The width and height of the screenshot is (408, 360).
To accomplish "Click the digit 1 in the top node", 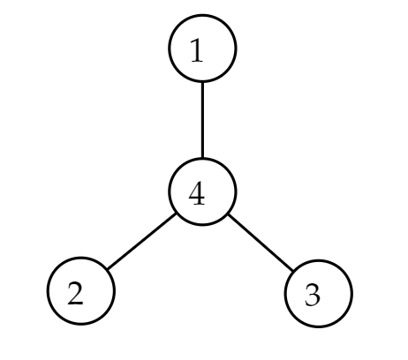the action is click(x=197, y=50).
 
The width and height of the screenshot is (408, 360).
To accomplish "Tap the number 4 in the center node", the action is click(x=197, y=193).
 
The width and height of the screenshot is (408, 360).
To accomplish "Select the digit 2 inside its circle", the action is click(x=75, y=293).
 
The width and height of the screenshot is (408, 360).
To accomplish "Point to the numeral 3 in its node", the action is click(x=313, y=296).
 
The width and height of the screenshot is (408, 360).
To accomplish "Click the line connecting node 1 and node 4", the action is click(x=202, y=120).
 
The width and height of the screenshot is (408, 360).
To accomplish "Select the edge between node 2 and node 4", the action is click(x=141, y=241).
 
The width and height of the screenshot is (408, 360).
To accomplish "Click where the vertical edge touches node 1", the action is click(x=202, y=82).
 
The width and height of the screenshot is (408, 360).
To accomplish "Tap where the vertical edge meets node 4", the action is click(x=202, y=159).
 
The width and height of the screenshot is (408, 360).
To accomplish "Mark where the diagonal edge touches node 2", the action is click(x=108, y=269).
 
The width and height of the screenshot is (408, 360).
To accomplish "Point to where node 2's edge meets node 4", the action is click(x=176, y=214).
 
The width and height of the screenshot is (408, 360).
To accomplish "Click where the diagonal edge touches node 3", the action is click(x=293, y=271).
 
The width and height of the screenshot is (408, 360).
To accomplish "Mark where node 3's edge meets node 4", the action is click(x=229, y=215).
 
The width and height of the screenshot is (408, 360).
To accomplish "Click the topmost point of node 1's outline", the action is click(x=202, y=15).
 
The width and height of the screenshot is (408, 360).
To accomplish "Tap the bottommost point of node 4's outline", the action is click(x=202, y=225).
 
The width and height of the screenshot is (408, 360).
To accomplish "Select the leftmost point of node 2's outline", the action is click(x=48, y=291).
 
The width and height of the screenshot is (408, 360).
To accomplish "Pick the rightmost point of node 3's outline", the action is click(x=352, y=294).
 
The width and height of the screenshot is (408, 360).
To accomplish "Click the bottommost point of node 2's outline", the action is click(x=81, y=324).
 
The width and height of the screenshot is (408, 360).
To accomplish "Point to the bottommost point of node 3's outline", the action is click(x=319, y=327).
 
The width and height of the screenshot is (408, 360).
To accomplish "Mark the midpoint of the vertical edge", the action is click(x=202, y=120).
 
